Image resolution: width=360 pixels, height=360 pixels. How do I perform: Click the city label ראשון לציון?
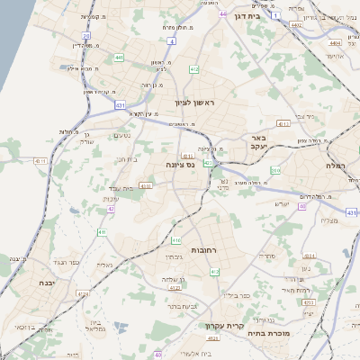pos(192,103)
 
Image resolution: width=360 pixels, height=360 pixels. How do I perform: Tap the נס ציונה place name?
pos(181,166)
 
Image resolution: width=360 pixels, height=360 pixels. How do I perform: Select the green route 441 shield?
pos(118,58)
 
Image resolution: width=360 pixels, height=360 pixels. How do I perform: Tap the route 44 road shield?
pos(221,15)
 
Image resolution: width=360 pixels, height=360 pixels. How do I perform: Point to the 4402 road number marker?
pos(297,26)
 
